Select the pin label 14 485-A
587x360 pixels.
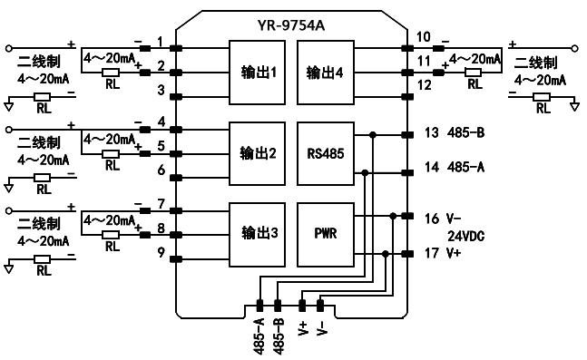tap(454, 167)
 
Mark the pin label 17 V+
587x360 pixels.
tap(443, 253)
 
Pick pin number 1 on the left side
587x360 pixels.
tap(161, 43)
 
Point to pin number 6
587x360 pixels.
tap(161, 170)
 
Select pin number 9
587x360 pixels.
tap(161, 253)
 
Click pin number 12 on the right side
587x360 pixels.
tap(423, 86)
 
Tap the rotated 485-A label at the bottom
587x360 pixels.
tap(259, 336)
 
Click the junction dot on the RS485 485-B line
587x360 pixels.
tap(373, 135)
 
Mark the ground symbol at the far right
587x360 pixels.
tap(574, 106)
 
